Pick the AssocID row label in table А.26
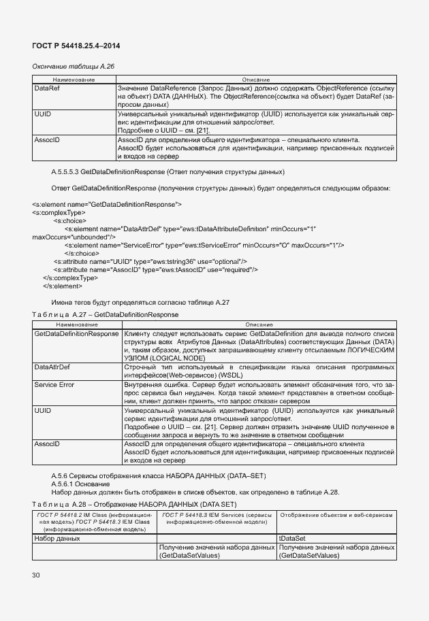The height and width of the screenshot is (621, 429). click(x=47, y=139)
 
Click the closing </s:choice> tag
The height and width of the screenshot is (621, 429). click(x=82, y=253)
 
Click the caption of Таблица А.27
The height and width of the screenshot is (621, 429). click(x=106, y=315)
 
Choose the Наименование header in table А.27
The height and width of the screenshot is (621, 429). click(x=76, y=325)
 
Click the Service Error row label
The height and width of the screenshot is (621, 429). click(x=54, y=385)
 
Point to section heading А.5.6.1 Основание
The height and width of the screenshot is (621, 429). click(x=80, y=483)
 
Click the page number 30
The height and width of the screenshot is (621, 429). click(x=36, y=575)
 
